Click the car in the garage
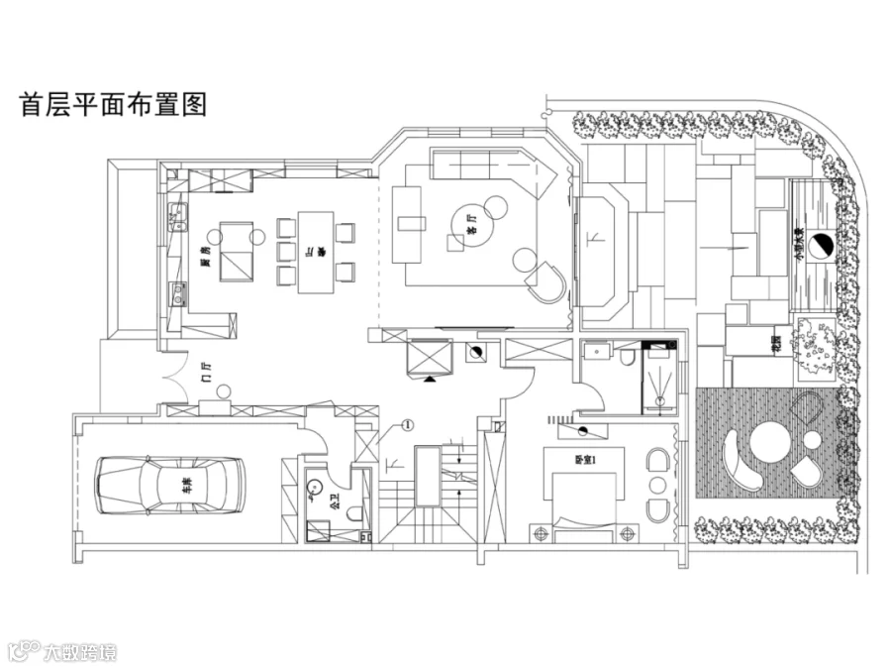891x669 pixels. pos(169,485)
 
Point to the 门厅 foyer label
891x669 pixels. pos(206,374)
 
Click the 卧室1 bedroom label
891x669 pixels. pos(583,460)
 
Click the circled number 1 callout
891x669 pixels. pos(407,426)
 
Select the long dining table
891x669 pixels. pos(315,252)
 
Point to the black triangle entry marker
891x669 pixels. pos(430,378)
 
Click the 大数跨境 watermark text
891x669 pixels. pos(79,651)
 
